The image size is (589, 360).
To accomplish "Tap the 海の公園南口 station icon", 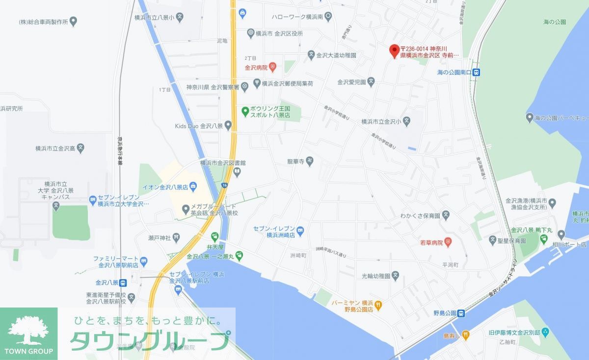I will point(476,72).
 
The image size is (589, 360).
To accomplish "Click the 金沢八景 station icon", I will point(123,283).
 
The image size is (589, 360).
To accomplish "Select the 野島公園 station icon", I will point(461,313).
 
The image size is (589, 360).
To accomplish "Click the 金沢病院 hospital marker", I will point(273,67).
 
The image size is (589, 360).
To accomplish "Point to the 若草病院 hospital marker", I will point(448,242).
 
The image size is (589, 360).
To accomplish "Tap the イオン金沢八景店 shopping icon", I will point(193,187).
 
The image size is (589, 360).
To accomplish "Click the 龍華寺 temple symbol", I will point(310,160).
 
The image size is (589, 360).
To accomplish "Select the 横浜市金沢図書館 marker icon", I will point(237,172).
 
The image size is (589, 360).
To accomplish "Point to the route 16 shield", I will point(224,185).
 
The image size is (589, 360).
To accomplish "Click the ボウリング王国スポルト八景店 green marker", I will point(244,111).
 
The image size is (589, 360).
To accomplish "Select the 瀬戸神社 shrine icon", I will point(176,238).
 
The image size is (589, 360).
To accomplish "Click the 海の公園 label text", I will point(555,22).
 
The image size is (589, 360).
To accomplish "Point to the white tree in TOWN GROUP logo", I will point(28,331).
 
